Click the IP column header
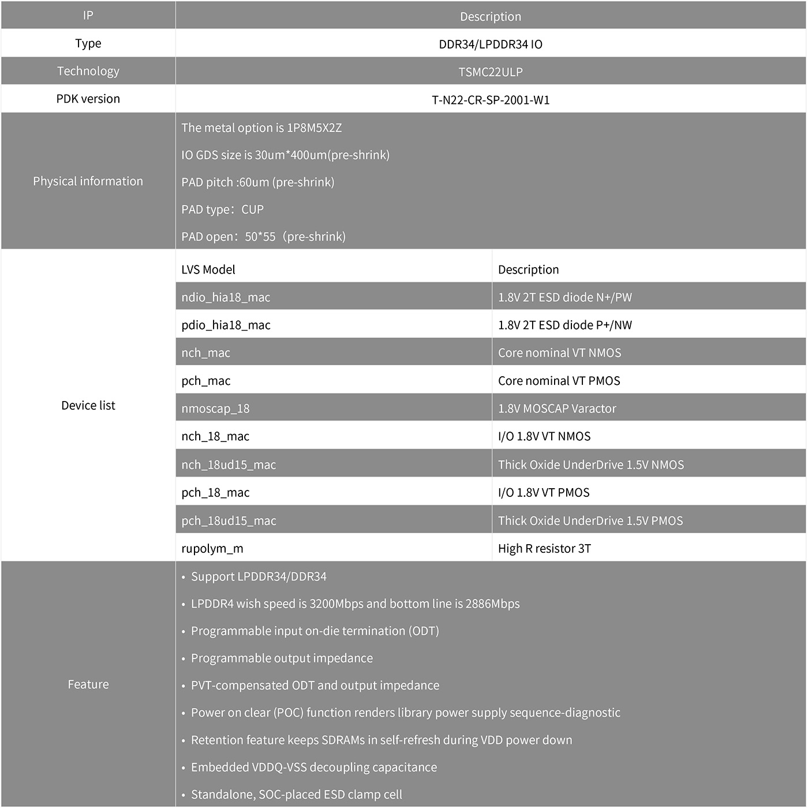[x=88, y=16]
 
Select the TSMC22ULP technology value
[x=490, y=72]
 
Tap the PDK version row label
[x=88, y=99]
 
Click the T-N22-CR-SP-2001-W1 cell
[x=490, y=100]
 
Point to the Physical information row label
[x=88, y=181]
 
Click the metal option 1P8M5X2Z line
[x=261, y=128]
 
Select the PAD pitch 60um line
[x=257, y=182]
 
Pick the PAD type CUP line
[x=222, y=209]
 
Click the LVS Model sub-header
[x=208, y=269]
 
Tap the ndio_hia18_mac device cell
[x=226, y=297]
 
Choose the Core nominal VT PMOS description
[x=559, y=381]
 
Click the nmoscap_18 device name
[x=215, y=409]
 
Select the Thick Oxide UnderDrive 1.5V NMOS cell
[x=590, y=465]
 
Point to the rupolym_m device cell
[x=212, y=548]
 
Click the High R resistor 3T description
[x=544, y=548]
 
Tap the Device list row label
[x=88, y=406]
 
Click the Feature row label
[x=88, y=684]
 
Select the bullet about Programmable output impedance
[x=282, y=658]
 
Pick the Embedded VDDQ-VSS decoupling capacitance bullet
[x=313, y=767]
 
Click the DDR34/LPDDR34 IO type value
[x=490, y=44]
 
